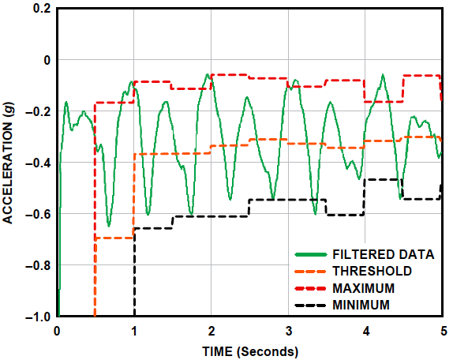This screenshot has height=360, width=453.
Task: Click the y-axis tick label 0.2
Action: pyautogui.click(x=41, y=9)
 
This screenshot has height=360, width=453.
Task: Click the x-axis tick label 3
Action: pyautogui.click(x=289, y=332)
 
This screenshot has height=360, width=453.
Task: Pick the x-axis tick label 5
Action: pyautogui.click(x=443, y=332)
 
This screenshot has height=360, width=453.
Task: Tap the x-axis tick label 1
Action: pyautogui.click(x=134, y=332)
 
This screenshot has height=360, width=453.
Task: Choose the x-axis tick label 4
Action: pyautogui.click(x=366, y=332)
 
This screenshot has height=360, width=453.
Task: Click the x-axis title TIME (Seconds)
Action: pyautogui.click(x=249, y=351)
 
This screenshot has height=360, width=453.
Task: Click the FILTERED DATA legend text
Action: pyautogui.click(x=384, y=254)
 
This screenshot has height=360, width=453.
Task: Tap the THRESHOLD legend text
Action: pyautogui.click(x=373, y=271)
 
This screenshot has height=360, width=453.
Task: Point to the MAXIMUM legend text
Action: pyautogui.click(x=368, y=287)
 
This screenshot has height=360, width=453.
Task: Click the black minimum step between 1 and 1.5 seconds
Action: pyautogui.click(x=153, y=228)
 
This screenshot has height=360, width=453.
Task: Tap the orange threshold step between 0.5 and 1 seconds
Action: pyautogui.click(x=114, y=238)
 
